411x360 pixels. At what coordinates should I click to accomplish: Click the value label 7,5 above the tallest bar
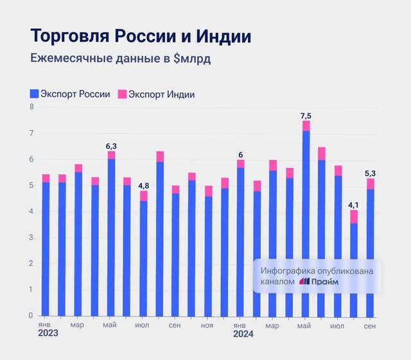(306, 116)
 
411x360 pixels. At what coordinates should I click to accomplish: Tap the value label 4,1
(354, 205)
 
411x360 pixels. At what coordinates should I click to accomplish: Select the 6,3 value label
(111, 146)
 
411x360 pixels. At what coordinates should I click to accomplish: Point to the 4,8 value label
(144, 186)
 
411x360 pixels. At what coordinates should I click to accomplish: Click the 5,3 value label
(370, 173)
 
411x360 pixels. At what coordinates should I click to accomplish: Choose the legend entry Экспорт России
(70, 94)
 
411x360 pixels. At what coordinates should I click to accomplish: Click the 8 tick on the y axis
(31, 107)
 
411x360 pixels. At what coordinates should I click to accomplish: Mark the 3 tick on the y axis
(31, 237)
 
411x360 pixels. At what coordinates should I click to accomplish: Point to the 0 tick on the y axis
(31, 316)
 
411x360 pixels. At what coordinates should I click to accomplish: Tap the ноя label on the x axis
(207, 325)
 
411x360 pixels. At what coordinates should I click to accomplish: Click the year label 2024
(243, 334)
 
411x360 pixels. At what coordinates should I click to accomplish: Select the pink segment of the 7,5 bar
(306, 126)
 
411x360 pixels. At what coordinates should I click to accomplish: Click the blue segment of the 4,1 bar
(354, 270)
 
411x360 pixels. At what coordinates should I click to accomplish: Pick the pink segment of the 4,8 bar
(144, 196)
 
